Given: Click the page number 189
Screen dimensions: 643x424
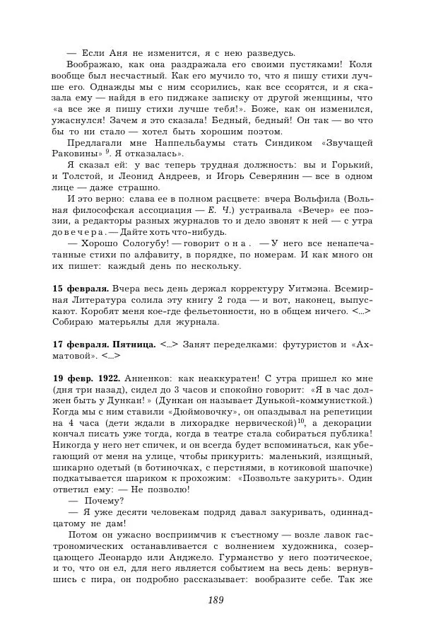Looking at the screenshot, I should tap(216, 600).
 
